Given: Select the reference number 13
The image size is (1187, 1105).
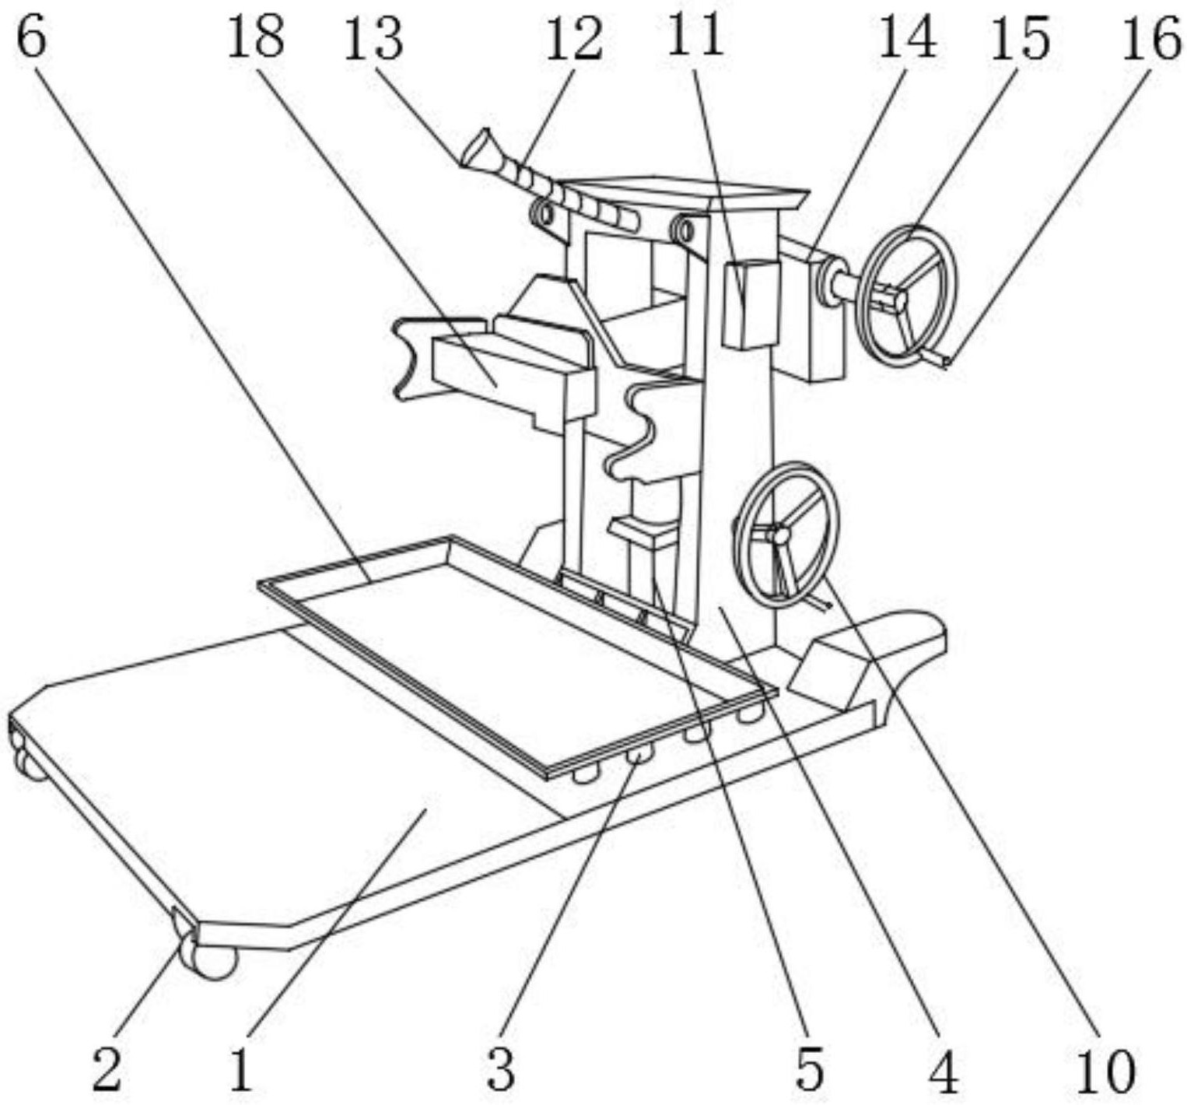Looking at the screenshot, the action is [374, 39].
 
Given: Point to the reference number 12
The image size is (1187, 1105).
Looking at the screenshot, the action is [573, 39].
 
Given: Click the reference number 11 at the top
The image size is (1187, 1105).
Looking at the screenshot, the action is [696, 35].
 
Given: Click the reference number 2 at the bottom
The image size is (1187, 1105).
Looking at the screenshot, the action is [107, 1069].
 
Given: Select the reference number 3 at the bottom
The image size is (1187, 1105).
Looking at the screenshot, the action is [500, 1069].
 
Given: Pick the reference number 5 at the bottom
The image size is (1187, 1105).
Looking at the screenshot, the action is [810, 1069].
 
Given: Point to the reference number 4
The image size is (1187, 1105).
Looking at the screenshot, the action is [944, 1069].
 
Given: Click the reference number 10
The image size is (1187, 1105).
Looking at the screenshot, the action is [1105, 1069].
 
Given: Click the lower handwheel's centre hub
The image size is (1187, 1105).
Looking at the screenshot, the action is [778, 535].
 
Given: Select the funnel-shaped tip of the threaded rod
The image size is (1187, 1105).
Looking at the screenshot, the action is [476, 148].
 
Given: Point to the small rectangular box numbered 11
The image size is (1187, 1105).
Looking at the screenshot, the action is [751, 304].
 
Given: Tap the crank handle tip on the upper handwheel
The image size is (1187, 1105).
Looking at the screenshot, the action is [935, 358].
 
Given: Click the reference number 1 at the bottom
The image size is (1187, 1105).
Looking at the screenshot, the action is [242, 1069].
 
